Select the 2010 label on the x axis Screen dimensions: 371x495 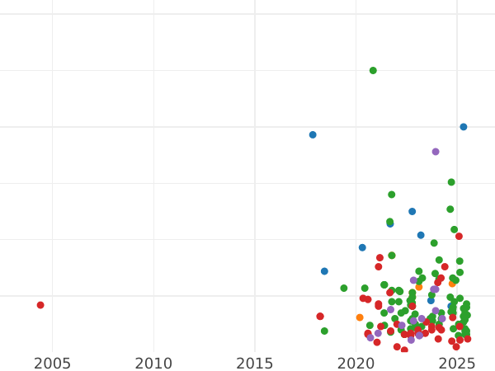pyautogui.click(x=153, y=363)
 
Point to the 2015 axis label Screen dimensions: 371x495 pyautogui.click(x=255, y=363)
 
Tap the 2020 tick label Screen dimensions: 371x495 pyautogui.click(x=356, y=363)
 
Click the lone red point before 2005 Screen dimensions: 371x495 pyautogui.click(x=40, y=305)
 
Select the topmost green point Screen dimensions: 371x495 pyautogui.click(x=373, y=71)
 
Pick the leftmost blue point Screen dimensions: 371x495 pyautogui.click(x=313, y=134)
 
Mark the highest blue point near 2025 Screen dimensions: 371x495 pyautogui.click(x=464, y=127)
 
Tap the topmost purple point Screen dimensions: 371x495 pyautogui.click(x=436, y=152)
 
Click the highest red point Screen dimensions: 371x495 pyautogui.click(x=459, y=237)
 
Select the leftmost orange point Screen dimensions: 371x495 pyautogui.click(x=360, y=317)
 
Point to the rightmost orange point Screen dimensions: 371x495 pyautogui.click(x=452, y=284)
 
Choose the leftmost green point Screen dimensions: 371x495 pyautogui.click(x=324, y=331)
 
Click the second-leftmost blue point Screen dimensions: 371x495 pyautogui.click(x=324, y=271)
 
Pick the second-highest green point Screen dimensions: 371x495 pyautogui.click(x=451, y=182)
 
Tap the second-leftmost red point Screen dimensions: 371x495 pyautogui.click(x=320, y=317)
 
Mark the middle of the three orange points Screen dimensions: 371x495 pyautogui.click(x=418, y=287)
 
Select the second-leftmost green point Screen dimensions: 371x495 pyautogui.click(x=344, y=289)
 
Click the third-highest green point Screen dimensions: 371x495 pyautogui.click(x=392, y=195)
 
